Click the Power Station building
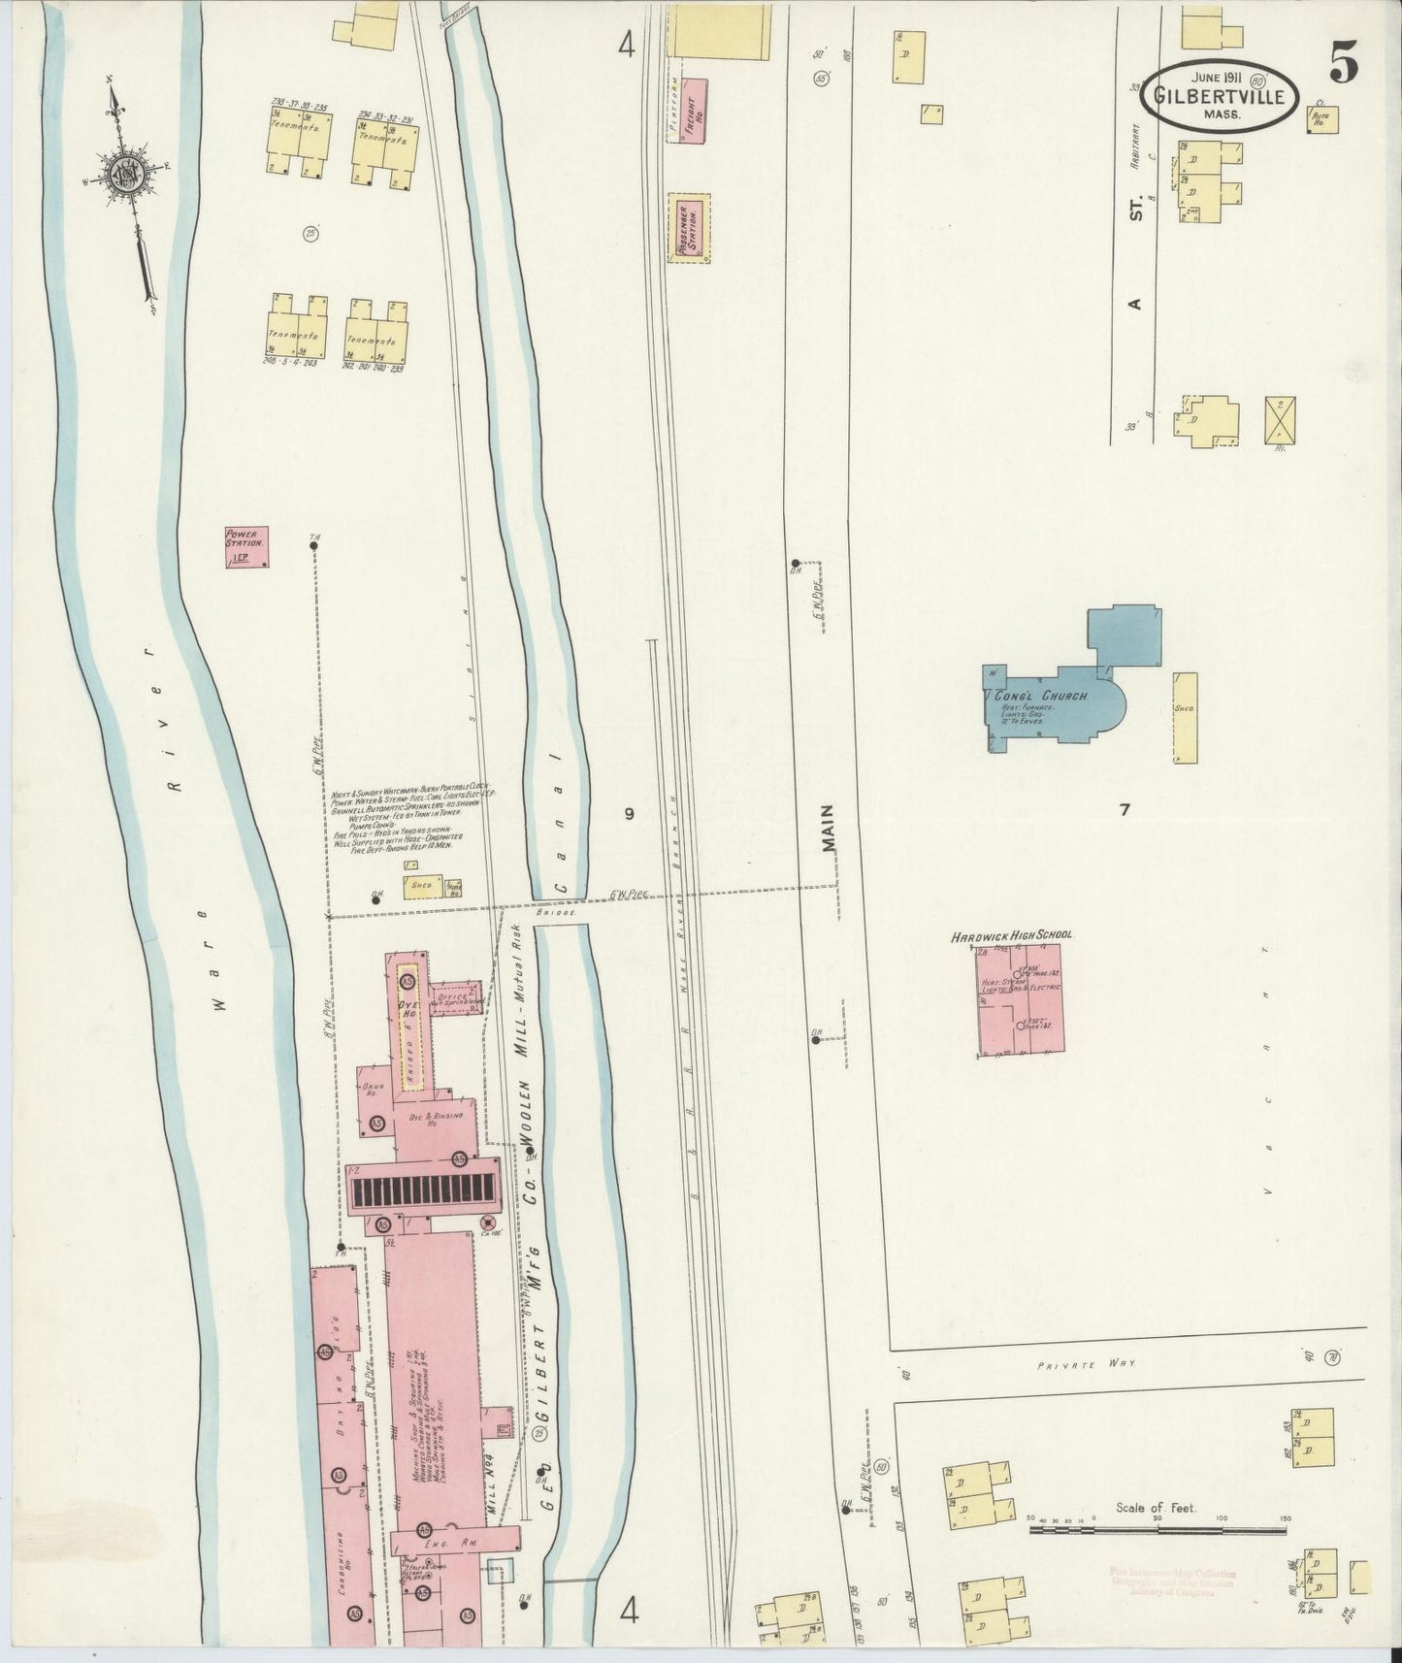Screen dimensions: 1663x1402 pos(246,547)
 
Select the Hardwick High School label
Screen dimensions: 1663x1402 pos(1011,935)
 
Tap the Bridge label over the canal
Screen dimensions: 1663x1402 pos(558,913)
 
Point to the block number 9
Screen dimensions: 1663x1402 pos(629,814)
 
